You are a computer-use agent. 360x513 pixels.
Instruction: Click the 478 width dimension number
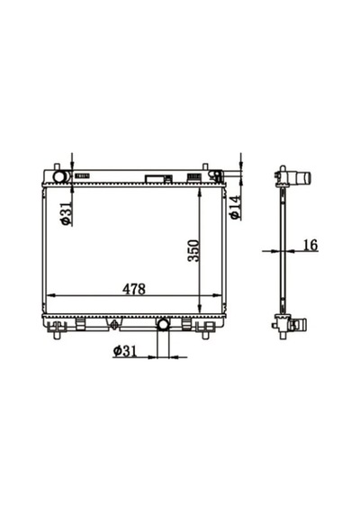(134, 289)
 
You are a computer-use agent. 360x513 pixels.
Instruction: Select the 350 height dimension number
(193, 251)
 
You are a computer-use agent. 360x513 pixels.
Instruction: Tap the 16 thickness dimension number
(310, 245)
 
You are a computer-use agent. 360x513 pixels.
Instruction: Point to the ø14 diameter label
(235, 207)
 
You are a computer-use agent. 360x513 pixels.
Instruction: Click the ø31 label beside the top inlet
(66, 213)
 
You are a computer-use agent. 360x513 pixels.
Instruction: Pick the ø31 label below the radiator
(124, 351)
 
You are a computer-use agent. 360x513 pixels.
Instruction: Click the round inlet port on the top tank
(59, 176)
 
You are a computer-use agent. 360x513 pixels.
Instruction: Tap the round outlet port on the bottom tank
(163, 325)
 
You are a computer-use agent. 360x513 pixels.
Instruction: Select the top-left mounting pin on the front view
(57, 166)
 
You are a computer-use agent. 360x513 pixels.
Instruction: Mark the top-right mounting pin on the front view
(205, 166)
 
